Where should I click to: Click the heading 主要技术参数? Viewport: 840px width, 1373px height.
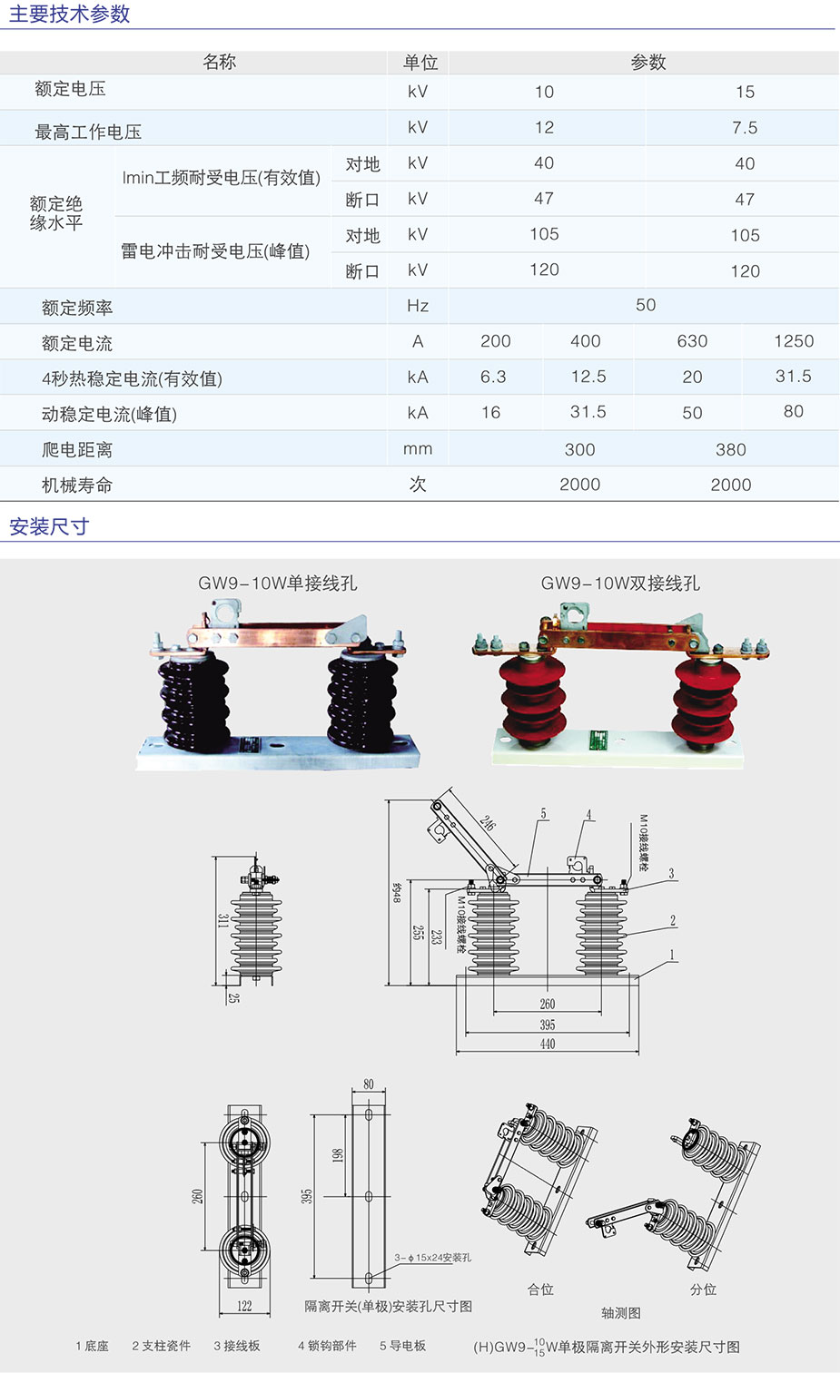(x=70, y=15)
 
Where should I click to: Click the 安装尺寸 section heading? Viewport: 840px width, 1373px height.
(x=49, y=526)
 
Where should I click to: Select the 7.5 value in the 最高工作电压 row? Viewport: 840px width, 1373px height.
(x=745, y=128)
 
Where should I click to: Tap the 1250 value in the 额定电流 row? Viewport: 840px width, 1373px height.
(x=794, y=341)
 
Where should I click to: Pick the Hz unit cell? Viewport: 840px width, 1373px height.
(x=418, y=306)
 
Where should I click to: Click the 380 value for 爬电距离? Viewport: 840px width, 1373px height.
(x=731, y=449)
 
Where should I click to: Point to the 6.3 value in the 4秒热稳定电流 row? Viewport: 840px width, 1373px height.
(x=493, y=377)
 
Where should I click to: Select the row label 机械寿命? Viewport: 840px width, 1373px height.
(x=77, y=485)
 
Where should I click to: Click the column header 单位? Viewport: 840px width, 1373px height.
(x=420, y=63)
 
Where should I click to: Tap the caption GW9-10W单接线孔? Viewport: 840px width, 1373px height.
(x=278, y=584)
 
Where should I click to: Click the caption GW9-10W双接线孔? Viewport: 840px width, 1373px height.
(x=620, y=584)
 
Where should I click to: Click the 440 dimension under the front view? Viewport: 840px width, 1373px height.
(x=548, y=1044)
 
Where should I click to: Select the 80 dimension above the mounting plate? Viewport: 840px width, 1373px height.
(x=369, y=1084)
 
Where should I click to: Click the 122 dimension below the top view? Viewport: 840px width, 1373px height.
(x=244, y=1306)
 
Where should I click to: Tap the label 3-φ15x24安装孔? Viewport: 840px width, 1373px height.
(x=433, y=1258)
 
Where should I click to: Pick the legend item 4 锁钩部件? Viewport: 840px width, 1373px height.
(x=327, y=1346)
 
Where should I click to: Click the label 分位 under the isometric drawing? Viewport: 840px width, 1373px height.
(x=704, y=1290)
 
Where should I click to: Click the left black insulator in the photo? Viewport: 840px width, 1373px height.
(x=194, y=703)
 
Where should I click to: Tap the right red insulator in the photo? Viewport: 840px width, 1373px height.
(x=706, y=699)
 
